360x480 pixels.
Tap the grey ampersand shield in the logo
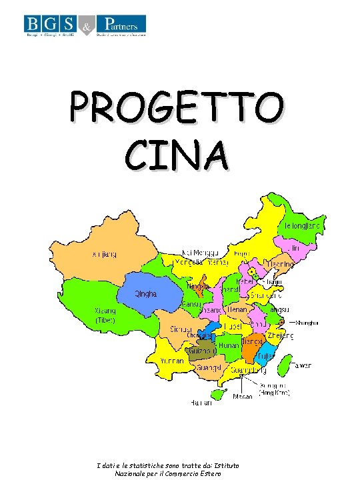pos(87,26)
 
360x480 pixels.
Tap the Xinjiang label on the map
pos(103,253)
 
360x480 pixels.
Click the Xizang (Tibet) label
pos(105,315)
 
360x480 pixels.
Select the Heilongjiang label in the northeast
pos(304,227)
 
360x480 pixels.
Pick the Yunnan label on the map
pos(172,361)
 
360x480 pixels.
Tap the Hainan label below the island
pos(203,403)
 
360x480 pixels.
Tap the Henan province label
pos(238,310)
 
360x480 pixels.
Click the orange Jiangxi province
pos(252,346)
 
